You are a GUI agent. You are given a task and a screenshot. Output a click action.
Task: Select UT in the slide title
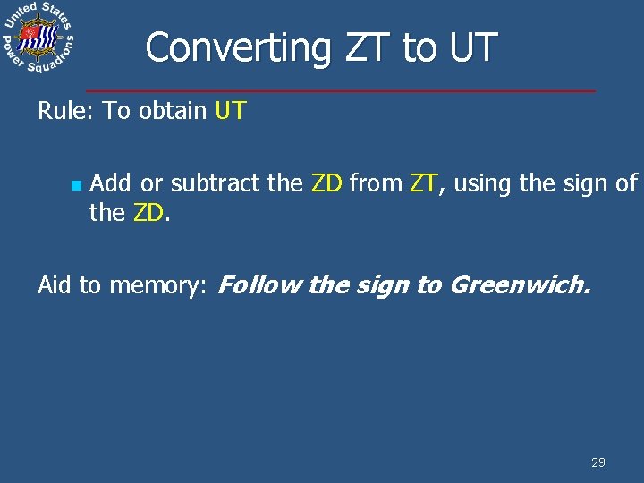pos(472,47)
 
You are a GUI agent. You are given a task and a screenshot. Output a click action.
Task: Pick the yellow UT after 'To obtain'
pos(231,112)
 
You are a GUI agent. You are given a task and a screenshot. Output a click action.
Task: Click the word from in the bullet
pos(376,183)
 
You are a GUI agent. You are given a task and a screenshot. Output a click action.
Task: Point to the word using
pos(484,183)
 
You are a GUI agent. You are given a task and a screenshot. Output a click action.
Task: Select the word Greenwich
pos(520,285)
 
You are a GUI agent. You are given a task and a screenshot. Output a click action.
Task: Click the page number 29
pos(598,462)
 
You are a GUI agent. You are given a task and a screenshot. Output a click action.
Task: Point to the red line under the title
pos(340,90)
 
